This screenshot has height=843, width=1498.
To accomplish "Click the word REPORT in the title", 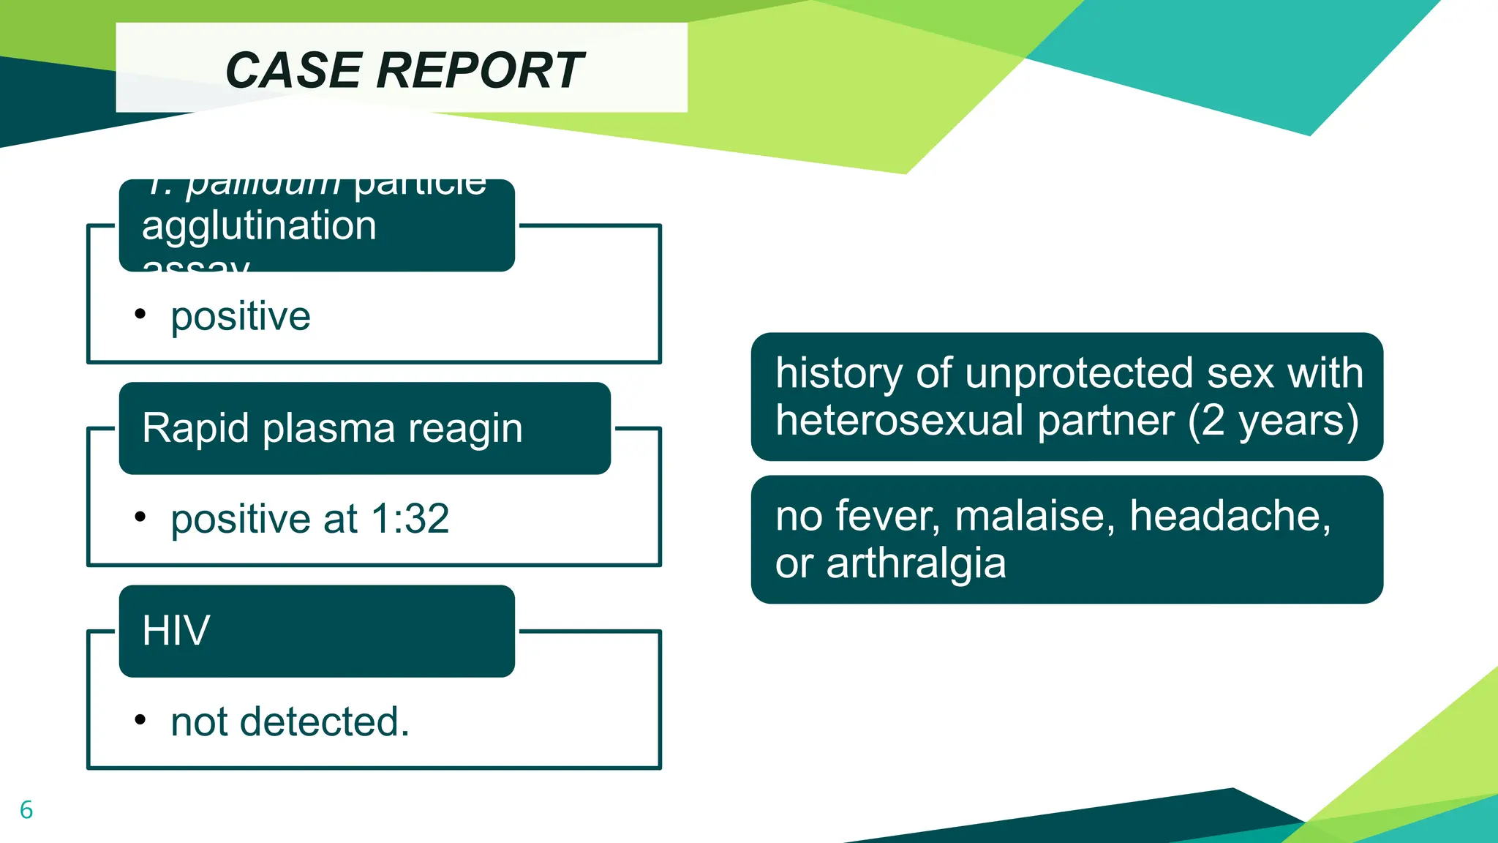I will click(480, 71).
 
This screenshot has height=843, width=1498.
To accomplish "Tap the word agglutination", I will click(259, 225).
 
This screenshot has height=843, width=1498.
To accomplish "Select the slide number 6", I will click(26, 810).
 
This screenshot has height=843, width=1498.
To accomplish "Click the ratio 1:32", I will click(410, 520).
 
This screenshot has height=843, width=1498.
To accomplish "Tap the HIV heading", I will click(176, 631).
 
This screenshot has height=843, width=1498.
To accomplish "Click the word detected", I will click(324, 722).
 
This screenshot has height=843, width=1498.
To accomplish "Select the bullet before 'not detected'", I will click(140, 720).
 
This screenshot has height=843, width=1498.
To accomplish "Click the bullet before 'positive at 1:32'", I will click(140, 517).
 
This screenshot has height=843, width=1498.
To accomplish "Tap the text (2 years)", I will click(1273, 421).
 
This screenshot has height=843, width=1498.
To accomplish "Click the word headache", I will click(1230, 516).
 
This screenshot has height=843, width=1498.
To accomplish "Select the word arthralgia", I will click(916, 564).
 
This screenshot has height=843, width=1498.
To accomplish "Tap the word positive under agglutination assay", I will click(241, 317).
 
